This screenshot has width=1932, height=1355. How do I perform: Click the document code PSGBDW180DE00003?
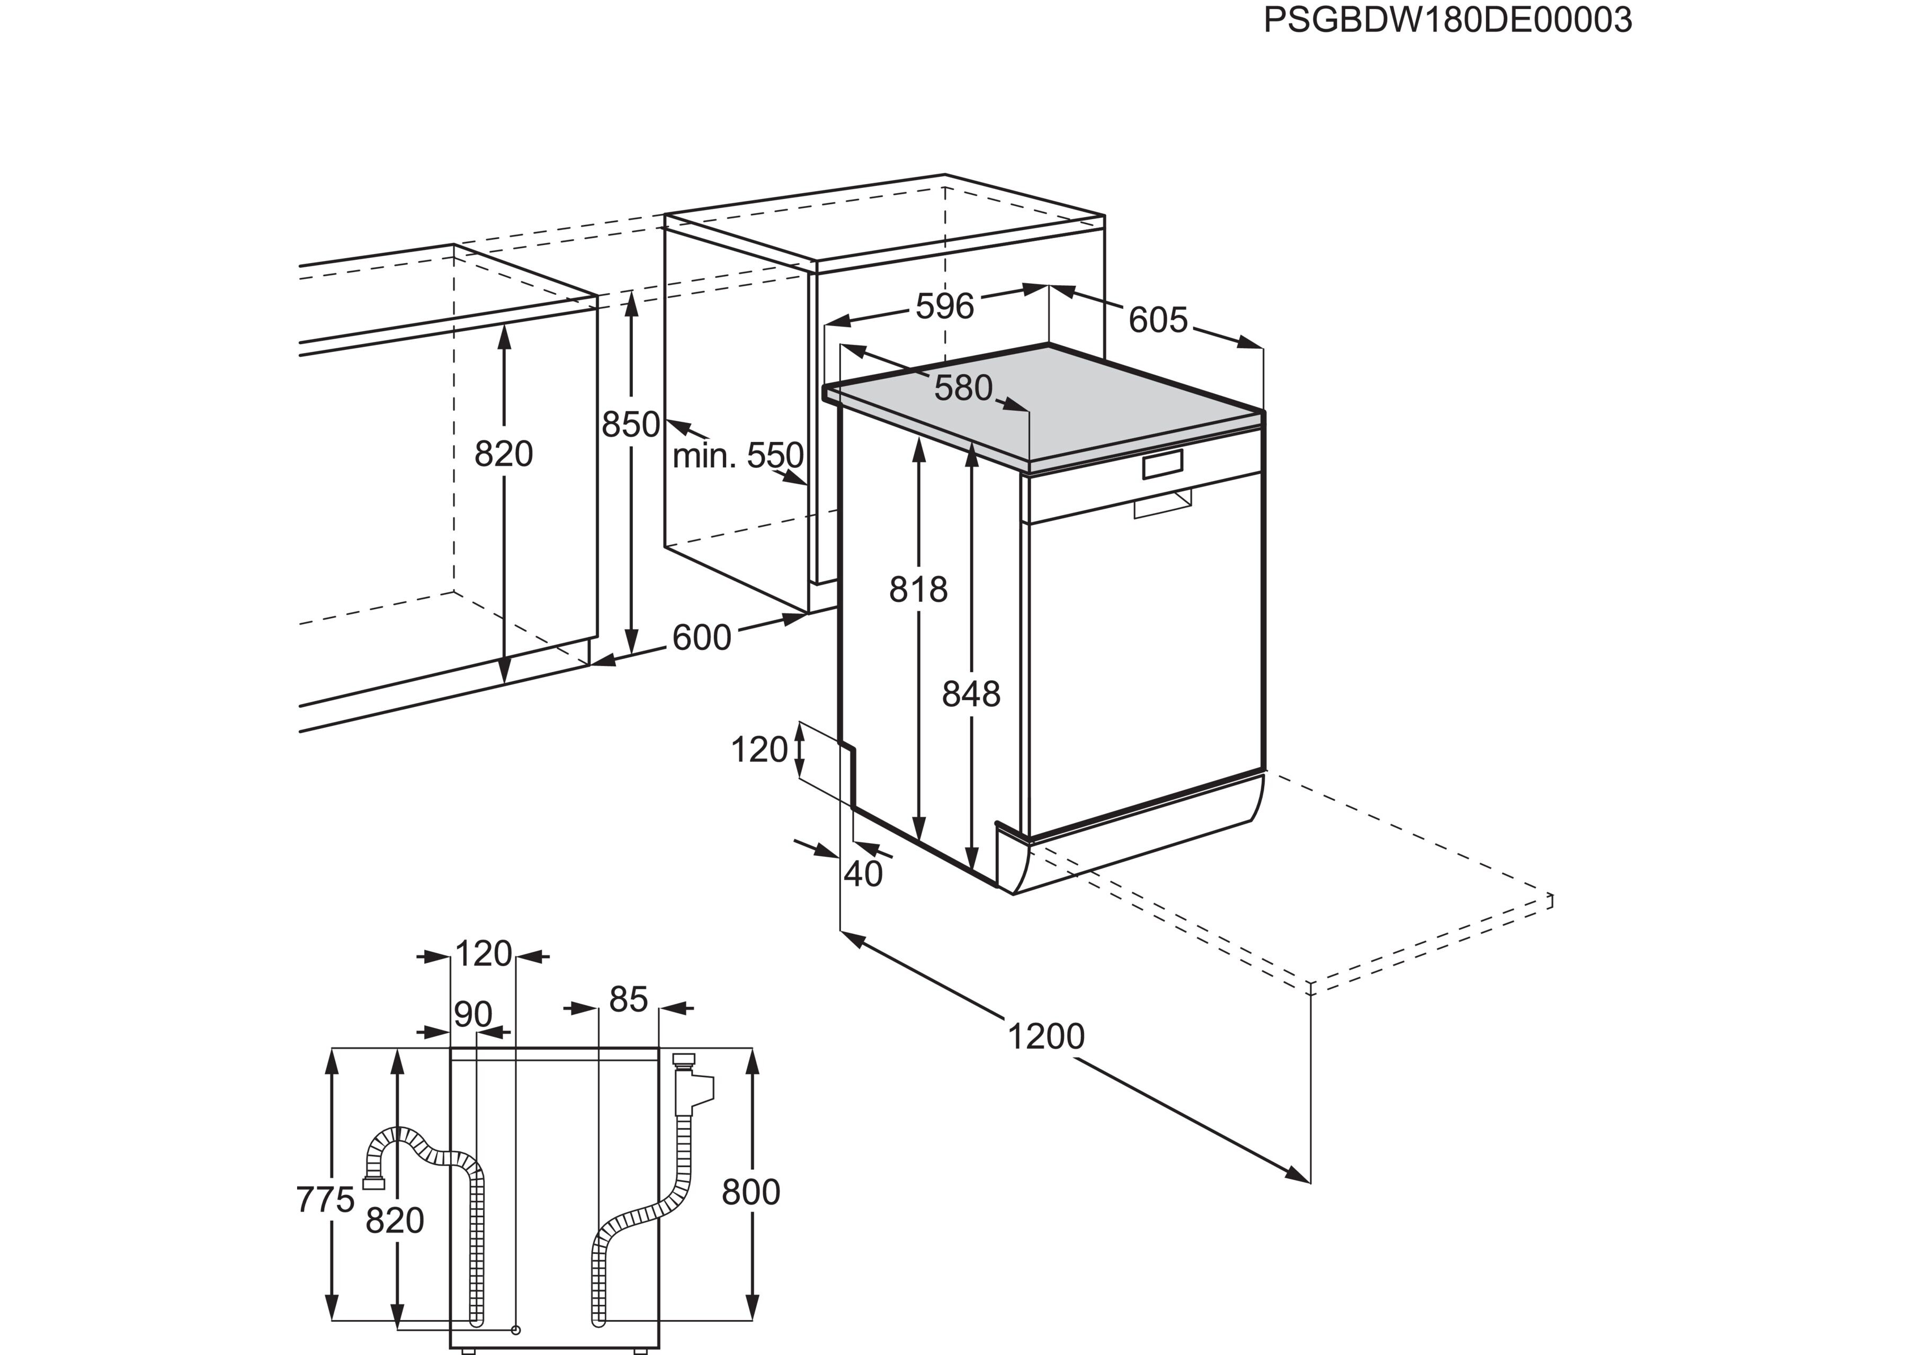tap(1447, 20)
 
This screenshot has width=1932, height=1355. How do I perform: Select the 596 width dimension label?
tap(945, 306)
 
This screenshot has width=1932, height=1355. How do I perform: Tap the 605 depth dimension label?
tap(1158, 320)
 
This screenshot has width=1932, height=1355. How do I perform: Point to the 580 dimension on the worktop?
tap(963, 388)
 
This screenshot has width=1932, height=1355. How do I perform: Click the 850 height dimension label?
tap(630, 424)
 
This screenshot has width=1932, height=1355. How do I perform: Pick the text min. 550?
tap(738, 455)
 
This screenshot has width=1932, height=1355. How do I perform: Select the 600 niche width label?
tap(702, 638)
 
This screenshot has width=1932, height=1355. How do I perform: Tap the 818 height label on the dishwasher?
tap(918, 590)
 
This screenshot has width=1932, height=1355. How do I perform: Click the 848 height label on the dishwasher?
tap(971, 694)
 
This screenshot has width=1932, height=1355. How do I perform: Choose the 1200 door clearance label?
tap(1046, 1037)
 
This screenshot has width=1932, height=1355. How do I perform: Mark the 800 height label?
tap(750, 1192)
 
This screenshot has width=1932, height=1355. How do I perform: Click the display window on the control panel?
tap(1162, 464)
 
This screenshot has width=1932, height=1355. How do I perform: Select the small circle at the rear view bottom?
tap(516, 1330)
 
